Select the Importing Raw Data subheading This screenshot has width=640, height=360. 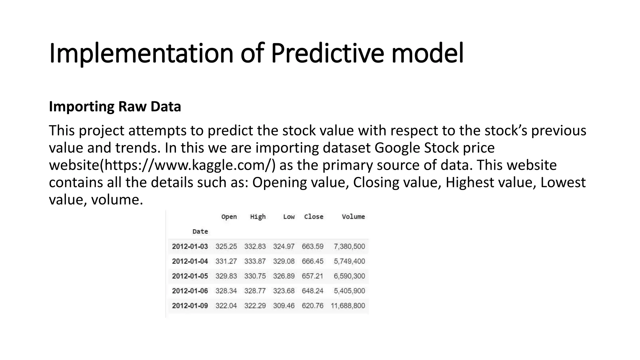click(x=115, y=107)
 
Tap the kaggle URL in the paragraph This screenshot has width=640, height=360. click(x=189, y=165)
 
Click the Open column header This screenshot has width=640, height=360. click(x=229, y=217)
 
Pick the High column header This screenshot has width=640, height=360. click(x=258, y=217)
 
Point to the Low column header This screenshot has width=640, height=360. click(x=289, y=217)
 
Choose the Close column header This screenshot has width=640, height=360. click(x=313, y=217)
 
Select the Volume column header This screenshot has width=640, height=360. click(x=353, y=217)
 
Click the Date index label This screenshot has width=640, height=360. click(x=200, y=232)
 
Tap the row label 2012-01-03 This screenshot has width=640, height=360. click(x=190, y=246)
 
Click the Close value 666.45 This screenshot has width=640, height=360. click(x=312, y=261)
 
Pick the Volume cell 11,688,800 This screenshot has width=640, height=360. click(x=348, y=306)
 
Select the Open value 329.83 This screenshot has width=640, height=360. click(x=226, y=276)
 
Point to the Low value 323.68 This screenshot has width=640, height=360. click(x=284, y=291)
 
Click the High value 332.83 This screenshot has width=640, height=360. click(x=255, y=246)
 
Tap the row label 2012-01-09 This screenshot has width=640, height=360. click(x=190, y=306)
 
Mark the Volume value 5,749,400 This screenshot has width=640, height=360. click(x=349, y=261)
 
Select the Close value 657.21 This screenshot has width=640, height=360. click(x=312, y=276)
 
